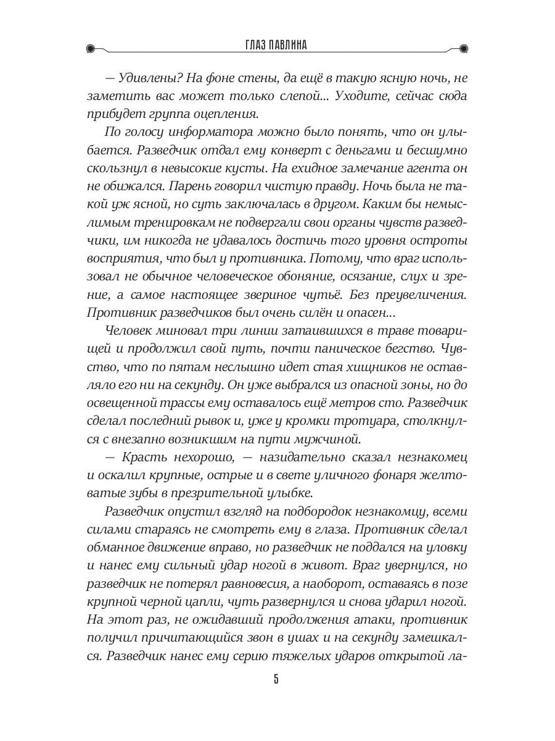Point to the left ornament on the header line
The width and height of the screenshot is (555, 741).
click(x=90, y=48)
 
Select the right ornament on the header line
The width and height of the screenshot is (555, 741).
click(x=464, y=48)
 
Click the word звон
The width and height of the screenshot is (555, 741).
click(x=269, y=637)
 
